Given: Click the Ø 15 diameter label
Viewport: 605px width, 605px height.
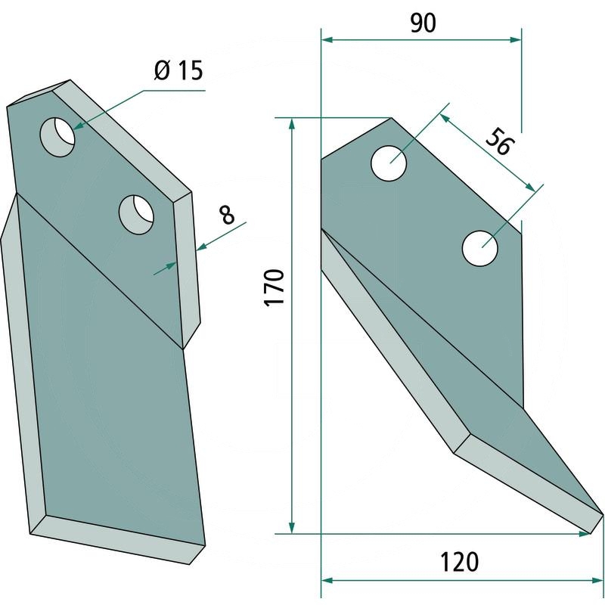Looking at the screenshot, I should click(x=178, y=73).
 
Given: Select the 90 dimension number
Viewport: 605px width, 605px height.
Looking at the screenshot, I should click(x=423, y=23).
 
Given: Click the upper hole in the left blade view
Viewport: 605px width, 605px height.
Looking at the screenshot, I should click(x=58, y=137).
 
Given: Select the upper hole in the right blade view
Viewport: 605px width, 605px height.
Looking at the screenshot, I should click(x=389, y=162).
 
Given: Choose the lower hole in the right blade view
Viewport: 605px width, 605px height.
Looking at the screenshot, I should click(x=481, y=248).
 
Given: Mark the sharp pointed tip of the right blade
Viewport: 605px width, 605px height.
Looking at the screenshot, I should click(x=601, y=516).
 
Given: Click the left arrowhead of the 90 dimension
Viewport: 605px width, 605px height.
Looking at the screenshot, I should click(x=327, y=37).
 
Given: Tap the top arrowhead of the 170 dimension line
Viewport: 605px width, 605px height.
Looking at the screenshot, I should click(x=293, y=123).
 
